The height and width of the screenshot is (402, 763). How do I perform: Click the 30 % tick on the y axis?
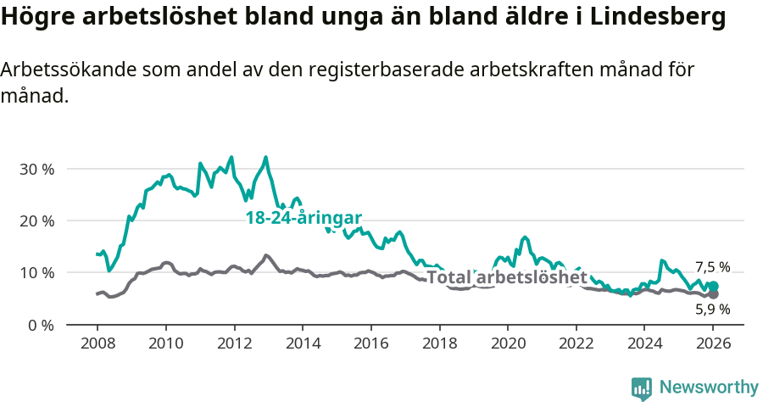(x=36, y=169)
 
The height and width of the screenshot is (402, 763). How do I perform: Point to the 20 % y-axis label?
(x=36, y=221)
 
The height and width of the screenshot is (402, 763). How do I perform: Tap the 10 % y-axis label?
(x=36, y=272)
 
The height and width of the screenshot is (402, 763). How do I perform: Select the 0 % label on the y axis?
(x=40, y=325)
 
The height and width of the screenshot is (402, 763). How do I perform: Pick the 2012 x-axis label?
(x=233, y=346)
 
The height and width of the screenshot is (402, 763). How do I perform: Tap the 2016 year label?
(x=370, y=346)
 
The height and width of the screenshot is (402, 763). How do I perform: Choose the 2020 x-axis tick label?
(x=507, y=346)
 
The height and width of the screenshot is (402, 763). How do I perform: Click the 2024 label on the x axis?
(x=644, y=346)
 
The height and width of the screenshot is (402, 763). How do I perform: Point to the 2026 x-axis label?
(x=713, y=346)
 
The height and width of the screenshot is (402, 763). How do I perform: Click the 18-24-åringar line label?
(x=304, y=218)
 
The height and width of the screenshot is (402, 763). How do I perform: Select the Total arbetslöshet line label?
(x=506, y=277)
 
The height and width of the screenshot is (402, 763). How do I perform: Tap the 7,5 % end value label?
(x=712, y=267)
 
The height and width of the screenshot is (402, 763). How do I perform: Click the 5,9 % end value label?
(x=712, y=310)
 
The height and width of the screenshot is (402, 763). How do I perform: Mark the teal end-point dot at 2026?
(x=713, y=287)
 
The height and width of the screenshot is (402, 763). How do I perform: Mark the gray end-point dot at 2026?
(x=713, y=294)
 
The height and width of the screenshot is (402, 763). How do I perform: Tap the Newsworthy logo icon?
(x=642, y=388)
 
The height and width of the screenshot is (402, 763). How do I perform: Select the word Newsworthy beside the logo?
(x=708, y=388)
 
